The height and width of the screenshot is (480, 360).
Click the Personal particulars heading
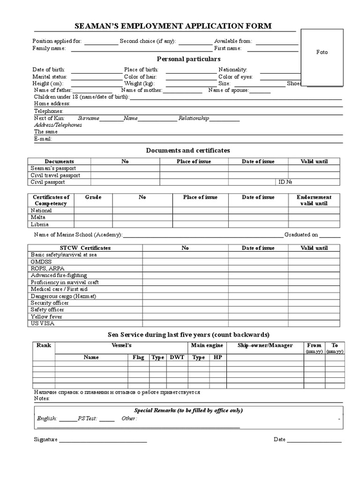[188, 59]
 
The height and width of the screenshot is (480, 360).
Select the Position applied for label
[57, 41]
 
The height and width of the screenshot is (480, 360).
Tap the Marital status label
[50, 76]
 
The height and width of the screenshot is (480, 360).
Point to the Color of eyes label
[235, 76]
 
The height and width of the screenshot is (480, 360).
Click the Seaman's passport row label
[53, 168]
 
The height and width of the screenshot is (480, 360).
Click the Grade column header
[93, 197]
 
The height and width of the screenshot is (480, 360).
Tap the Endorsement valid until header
[314, 200]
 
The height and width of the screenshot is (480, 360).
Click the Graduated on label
[301, 234]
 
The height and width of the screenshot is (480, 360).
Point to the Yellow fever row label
[47, 316]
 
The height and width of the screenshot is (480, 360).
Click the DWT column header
[177, 357]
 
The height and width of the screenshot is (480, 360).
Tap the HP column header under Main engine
[217, 357]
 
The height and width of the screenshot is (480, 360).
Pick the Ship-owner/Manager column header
[265, 345]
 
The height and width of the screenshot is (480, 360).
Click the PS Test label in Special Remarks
[88, 418]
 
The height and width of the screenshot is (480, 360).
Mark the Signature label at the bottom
[45, 440]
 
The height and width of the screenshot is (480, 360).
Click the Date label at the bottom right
[279, 440]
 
